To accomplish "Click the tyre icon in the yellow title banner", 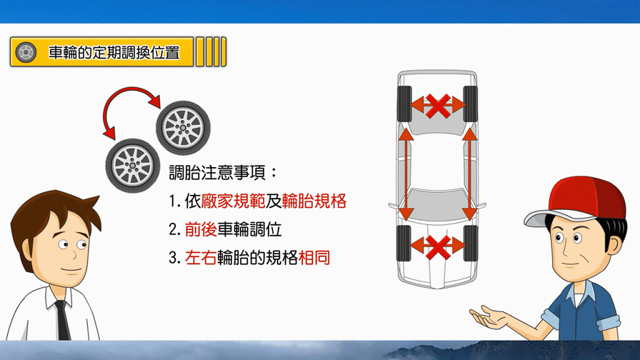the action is click(x=26, y=52).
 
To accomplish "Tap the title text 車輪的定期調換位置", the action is click(x=114, y=53).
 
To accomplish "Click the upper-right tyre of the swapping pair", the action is click(x=184, y=128).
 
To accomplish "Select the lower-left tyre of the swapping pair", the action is click(x=133, y=165).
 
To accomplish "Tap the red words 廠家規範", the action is click(x=233, y=201).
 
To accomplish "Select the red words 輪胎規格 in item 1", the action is click(x=314, y=201).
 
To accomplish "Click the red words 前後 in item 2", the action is click(x=201, y=229).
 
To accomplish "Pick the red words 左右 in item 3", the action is click(x=201, y=258).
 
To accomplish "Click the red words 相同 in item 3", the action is click(x=314, y=258).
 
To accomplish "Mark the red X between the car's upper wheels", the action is click(x=438, y=106).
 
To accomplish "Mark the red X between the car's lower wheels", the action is click(x=438, y=246).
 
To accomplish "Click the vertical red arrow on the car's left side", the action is click(x=406, y=174).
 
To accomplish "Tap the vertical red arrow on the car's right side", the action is click(x=470, y=174).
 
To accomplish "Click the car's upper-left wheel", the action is click(x=404, y=104).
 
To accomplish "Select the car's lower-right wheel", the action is click(x=471, y=244).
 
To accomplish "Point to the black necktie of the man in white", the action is click(x=61, y=320).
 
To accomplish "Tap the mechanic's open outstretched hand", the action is click(x=490, y=316).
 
